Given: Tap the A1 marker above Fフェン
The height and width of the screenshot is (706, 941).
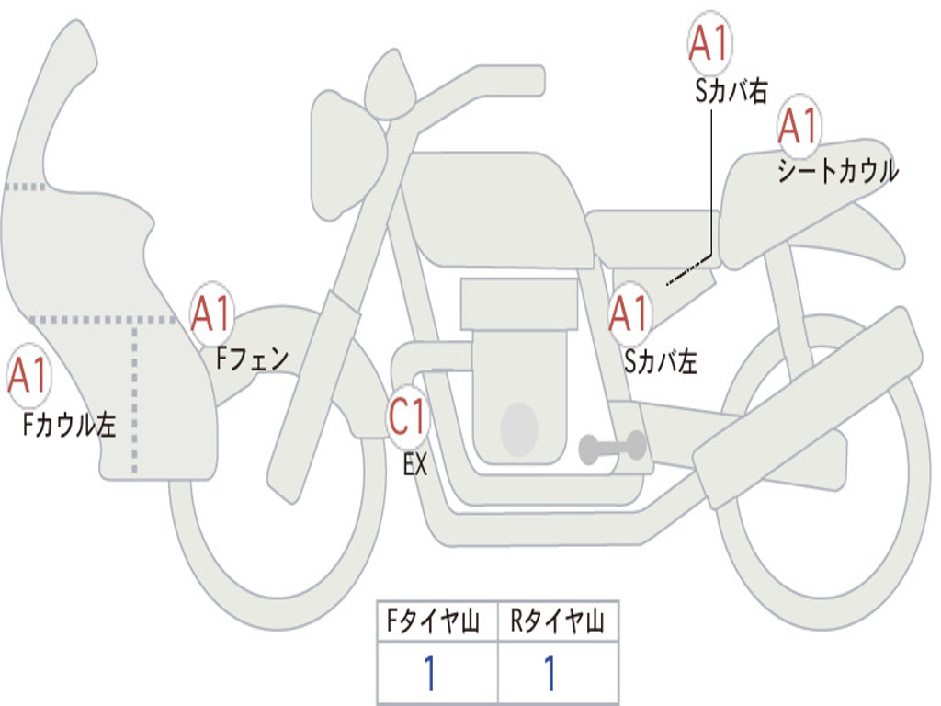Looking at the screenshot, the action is [x=212, y=314].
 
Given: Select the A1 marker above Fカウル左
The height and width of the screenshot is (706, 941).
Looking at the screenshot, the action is [x=28, y=375].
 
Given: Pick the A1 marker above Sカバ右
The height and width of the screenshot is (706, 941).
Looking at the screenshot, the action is [x=709, y=43].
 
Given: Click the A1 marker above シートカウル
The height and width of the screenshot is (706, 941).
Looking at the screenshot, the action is [x=799, y=127].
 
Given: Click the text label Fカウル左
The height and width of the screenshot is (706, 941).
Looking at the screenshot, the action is [x=70, y=425].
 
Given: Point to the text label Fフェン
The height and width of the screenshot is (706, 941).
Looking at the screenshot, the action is [x=253, y=358].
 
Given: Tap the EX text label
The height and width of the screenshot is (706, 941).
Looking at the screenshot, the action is [x=415, y=464].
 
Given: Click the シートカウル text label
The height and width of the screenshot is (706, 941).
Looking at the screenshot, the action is [x=837, y=171].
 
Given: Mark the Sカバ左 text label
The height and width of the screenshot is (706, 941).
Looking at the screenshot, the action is [x=660, y=361].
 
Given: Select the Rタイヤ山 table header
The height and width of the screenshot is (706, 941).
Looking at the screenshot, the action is [x=557, y=623].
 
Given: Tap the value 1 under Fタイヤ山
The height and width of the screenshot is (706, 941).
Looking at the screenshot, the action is [x=428, y=674].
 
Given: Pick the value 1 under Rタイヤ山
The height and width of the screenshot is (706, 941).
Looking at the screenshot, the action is [x=550, y=674].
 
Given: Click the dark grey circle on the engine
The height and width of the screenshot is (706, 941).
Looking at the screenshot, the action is [x=518, y=428].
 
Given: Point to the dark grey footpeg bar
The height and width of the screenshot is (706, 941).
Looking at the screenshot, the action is [x=612, y=448].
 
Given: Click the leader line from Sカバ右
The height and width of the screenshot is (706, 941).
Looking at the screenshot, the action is [x=710, y=184].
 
